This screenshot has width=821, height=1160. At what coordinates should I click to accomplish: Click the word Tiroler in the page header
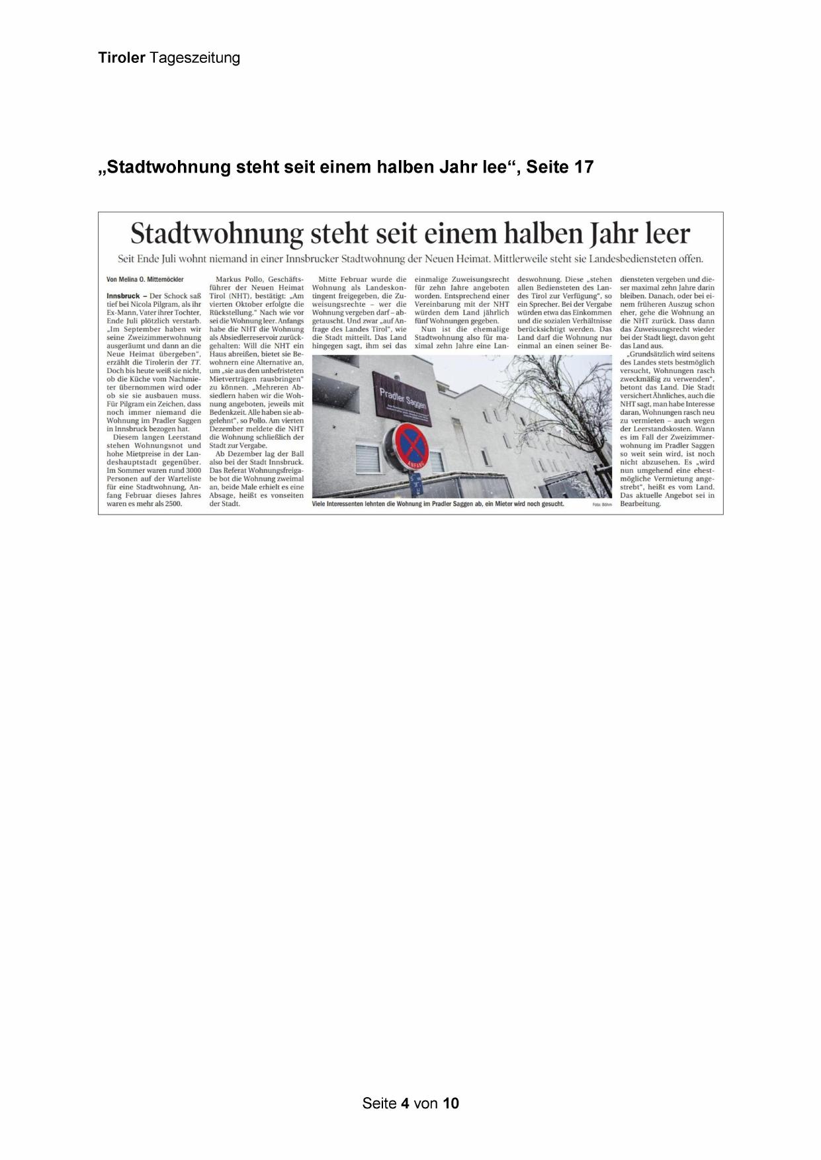pyautogui.click(x=122, y=58)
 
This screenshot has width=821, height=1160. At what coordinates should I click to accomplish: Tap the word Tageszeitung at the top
pyautogui.click(x=194, y=58)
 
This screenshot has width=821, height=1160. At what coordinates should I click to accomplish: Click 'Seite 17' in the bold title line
pyautogui.click(x=560, y=167)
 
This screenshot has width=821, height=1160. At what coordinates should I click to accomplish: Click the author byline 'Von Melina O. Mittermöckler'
pyautogui.click(x=145, y=280)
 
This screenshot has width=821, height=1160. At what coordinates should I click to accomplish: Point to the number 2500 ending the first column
pyautogui.click(x=171, y=503)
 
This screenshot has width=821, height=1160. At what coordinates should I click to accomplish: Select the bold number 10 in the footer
pyautogui.click(x=451, y=1103)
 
